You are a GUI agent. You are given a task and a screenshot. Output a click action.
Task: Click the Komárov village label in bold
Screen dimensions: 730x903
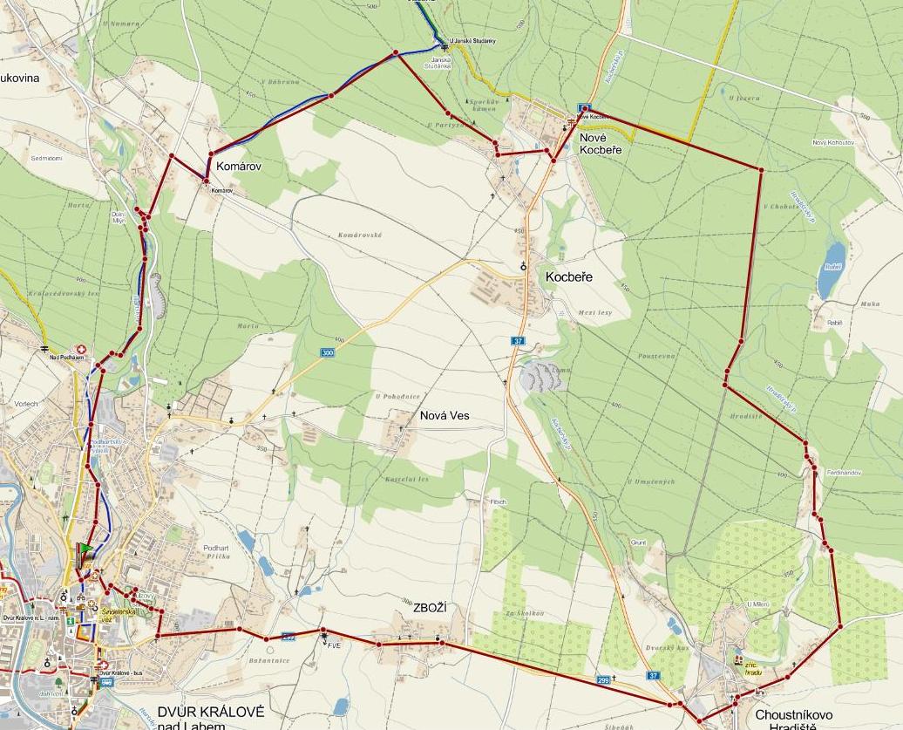pos(238,164)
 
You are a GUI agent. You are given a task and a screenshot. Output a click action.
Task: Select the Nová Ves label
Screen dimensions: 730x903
pos(444,416)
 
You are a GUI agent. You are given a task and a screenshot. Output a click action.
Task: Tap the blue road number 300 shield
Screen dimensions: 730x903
pos(328,352)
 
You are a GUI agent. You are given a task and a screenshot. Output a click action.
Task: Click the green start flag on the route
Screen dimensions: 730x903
pos(85,550)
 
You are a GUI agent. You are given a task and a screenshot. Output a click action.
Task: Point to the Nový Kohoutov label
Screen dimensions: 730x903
pos(832,142)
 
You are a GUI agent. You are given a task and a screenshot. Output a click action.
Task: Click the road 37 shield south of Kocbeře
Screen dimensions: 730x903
pos(519,340)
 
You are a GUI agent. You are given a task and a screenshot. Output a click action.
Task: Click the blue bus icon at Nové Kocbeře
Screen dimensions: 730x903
pos(584,109)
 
